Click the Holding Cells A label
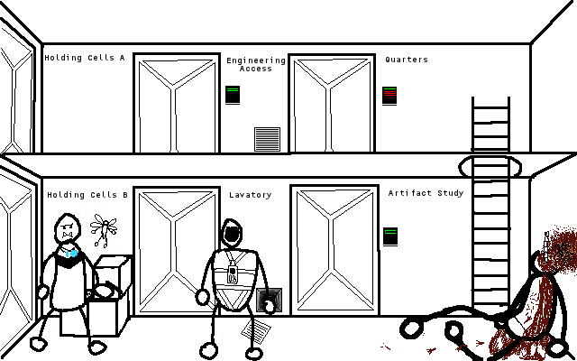pyautogui.click(x=85, y=58)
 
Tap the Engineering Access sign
pyautogui.click(x=256, y=64)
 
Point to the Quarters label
pyautogui.click(x=407, y=60)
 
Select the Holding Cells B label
pyautogui.click(x=87, y=195)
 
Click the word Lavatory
pyautogui.click(x=251, y=195)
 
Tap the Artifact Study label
pyautogui.click(x=426, y=193)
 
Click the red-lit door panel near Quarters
pyautogui.click(x=389, y=96)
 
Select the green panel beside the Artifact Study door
pyautogui.click(x=390, y=236)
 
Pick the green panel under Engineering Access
pyautogui.click(x=233, y=95)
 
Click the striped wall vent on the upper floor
pyautogui.click(x=267, y=139)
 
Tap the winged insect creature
pyautogui.click(x=104, y=229)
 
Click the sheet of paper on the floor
pyautogui.click(x=256, y=329)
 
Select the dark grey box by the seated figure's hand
pyautogui.click(x=269, y=300)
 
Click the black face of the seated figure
pyautogui.click(x=233, y=235)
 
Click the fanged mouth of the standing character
pyautogui.click(x=67, y=235)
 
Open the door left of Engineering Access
pyautogui.click(x=177, y=103)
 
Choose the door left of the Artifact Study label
pyautogui.click(x=334, y=251)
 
